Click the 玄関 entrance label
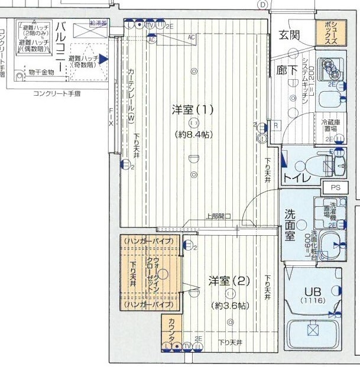point(290,34)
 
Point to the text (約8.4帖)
point(192,134)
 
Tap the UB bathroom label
point(312,291)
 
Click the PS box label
point(336,187)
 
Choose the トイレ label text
point(294,177)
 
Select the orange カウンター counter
point(171,330)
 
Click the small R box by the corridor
point(275,126)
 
